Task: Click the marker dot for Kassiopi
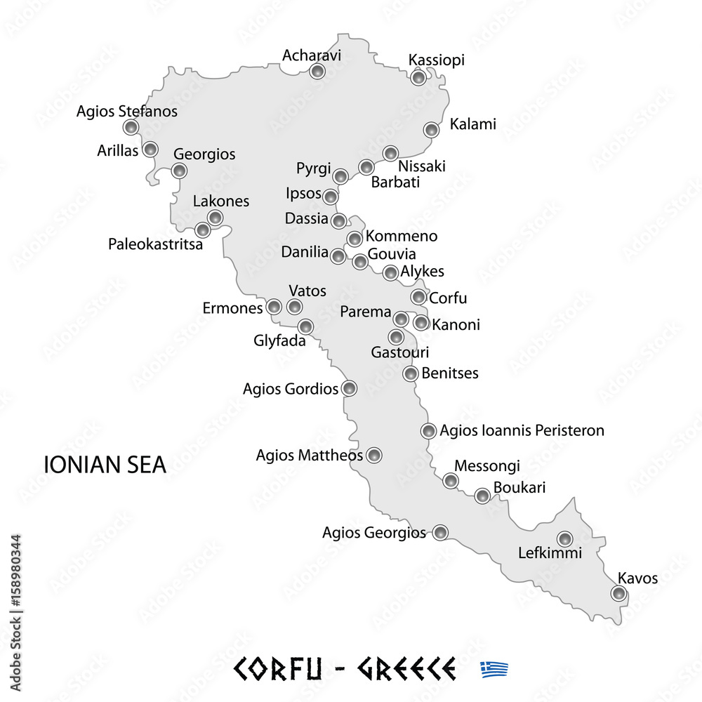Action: [x=418, y=77]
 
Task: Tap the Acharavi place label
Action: [x=312, y=55]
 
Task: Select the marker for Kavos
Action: [x=618, y=594]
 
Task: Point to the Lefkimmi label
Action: [x=550, y=553]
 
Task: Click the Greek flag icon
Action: [x=494, y=668]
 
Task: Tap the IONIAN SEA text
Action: [x=105, y=465]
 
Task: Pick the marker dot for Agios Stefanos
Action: [x=131, y=127]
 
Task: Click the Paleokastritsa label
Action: [x=155, y=244]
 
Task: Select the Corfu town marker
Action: [x=419, y=297]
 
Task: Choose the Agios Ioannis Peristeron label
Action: [x=522, y=430]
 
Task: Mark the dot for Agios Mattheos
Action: [x=375, y=456]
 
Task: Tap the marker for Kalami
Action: [x=432, y=130]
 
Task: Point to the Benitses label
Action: [x=450, y=373]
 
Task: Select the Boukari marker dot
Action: [x=482, y=496]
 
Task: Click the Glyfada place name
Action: [x=279, y=342]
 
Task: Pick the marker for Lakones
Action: [x=216, y=218]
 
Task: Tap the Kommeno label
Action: [x=402, y=237]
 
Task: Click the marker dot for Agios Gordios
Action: [x=349, y=388]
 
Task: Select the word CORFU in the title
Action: [x=278, y=668]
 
